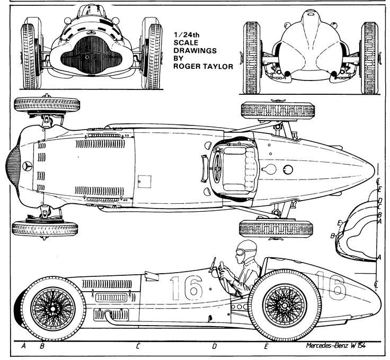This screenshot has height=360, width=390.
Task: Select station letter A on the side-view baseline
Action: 23,347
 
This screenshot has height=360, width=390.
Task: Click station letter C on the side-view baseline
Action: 137,347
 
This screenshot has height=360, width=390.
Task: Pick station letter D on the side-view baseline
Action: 215,347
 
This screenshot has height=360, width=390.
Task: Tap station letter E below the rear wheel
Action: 266,347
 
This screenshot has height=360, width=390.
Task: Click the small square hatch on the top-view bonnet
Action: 140,181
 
